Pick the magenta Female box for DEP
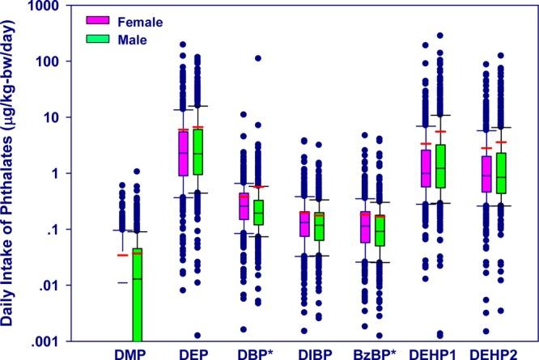(x=184, y=151)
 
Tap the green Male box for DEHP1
(x=440, y=166)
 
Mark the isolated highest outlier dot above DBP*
(x=258, y=58)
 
